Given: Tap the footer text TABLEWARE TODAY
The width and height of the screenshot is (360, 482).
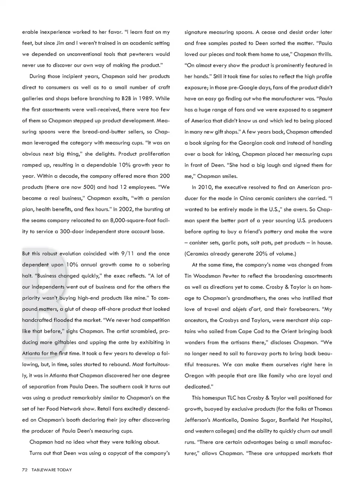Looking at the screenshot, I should (x=52, y=470).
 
